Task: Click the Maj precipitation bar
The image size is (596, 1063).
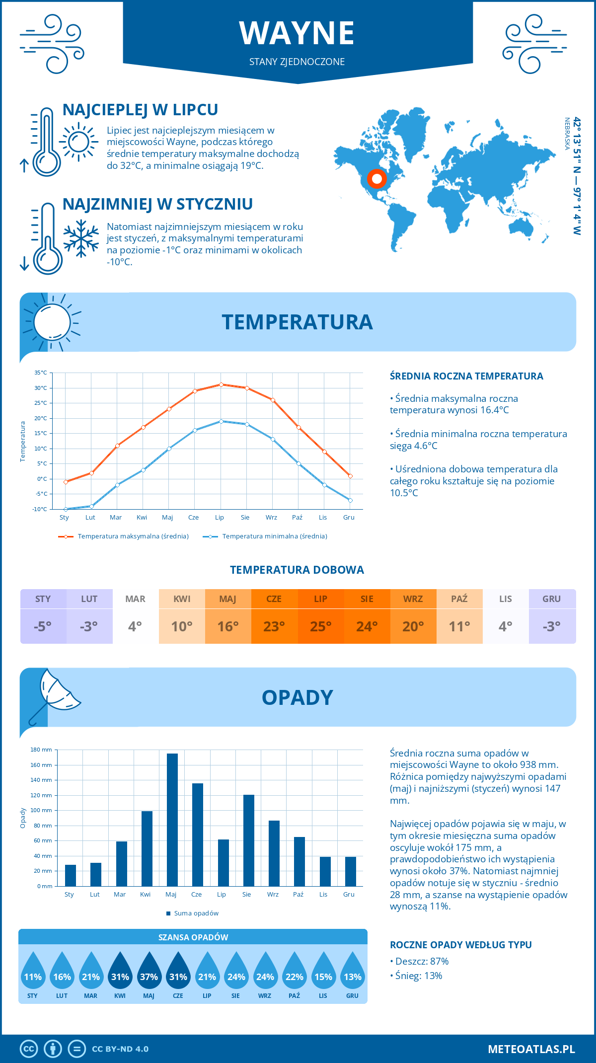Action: point(172,820)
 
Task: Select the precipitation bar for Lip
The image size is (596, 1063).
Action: point(223,863)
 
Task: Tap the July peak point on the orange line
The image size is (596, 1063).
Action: point(221,384)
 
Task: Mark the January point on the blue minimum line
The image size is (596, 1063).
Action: point(66,509)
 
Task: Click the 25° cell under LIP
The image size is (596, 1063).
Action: point(320,626)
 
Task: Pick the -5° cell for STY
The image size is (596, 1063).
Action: point(43,626)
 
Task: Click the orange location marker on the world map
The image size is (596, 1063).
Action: point(376,178)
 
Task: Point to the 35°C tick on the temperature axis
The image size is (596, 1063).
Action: point(41,373)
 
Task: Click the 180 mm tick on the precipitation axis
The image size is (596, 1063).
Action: point(42,750)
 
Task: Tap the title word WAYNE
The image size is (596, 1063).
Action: point(297,33)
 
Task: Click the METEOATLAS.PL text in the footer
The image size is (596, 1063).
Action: point(531,1049)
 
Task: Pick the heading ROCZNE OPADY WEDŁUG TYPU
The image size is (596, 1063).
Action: point(460,945)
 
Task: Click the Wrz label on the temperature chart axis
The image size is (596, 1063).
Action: point(271,518)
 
